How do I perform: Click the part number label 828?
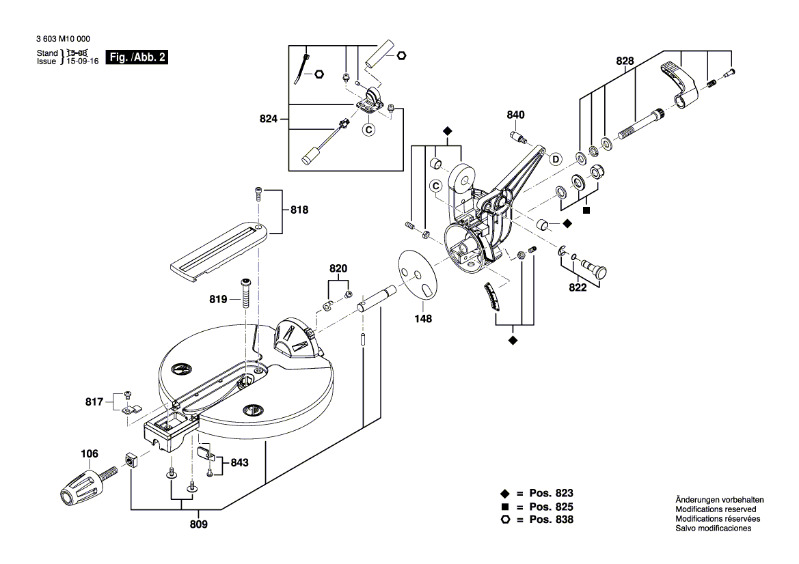(625, 61)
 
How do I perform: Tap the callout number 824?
(269, 119)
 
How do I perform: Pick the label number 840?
(515, 115)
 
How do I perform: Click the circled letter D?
(556, 159)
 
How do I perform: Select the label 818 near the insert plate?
(299, 211)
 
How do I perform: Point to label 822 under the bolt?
(578, 287)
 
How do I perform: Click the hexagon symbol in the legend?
(505, 520)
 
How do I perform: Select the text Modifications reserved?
(716, 509)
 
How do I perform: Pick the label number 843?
(239, 462)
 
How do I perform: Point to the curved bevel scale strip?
(493, 298)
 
